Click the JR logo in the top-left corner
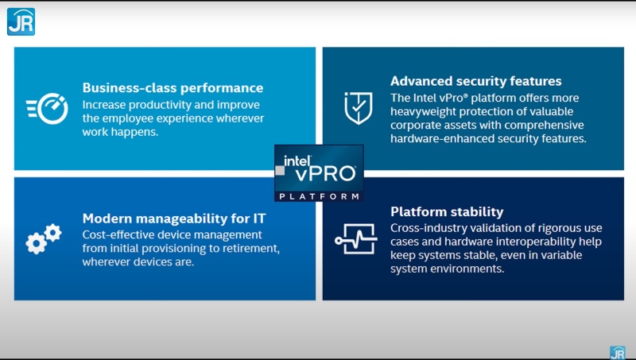pos(21,21)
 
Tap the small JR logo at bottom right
pos(617,352)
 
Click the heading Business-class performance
pos(173,88)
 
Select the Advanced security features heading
pos(475,81)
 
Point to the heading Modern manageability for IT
pos(174,218)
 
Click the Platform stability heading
pos(446,211)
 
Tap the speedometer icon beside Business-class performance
pos(48,109)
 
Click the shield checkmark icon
pos(358,108)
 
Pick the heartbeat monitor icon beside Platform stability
pos(355,238)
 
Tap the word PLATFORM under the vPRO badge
pos(319,195)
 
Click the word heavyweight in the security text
pos(426,110)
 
